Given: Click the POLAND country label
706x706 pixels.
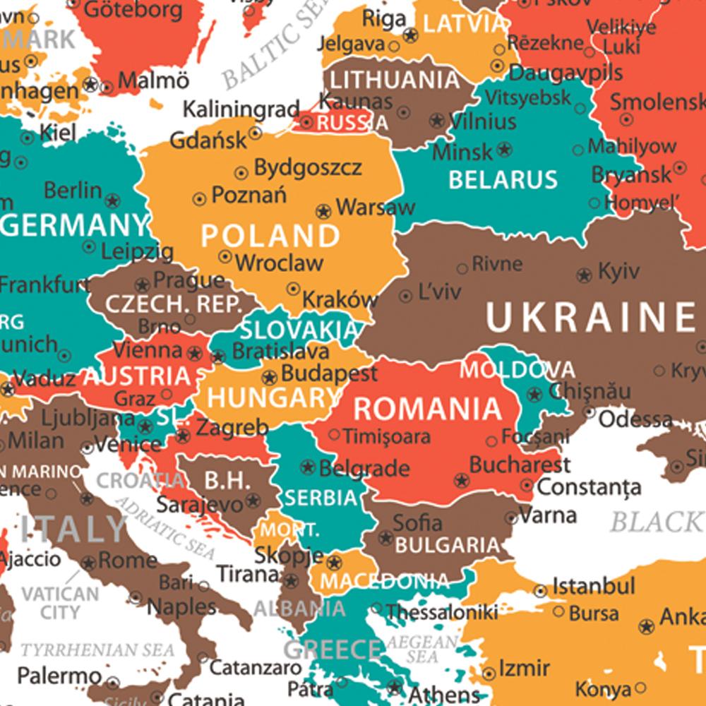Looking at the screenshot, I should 270,235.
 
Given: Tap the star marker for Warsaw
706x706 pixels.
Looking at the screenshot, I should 323,211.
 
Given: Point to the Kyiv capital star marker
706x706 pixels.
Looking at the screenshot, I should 584,275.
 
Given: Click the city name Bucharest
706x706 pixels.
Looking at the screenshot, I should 520,465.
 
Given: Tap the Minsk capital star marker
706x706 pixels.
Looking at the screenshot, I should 504,150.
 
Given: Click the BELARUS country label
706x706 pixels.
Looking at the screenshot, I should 503,180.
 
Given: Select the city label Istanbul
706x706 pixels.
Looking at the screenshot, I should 594,586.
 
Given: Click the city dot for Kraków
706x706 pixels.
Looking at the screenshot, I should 294,288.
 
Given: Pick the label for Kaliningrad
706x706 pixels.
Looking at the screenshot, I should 241,109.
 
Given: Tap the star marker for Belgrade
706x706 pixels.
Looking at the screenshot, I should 308,467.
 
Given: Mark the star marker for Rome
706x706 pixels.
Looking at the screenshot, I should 88,563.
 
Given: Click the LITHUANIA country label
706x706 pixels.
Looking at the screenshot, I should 395,79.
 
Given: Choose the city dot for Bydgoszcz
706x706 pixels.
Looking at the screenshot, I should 241,171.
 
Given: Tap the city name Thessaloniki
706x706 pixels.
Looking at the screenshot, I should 443,612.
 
